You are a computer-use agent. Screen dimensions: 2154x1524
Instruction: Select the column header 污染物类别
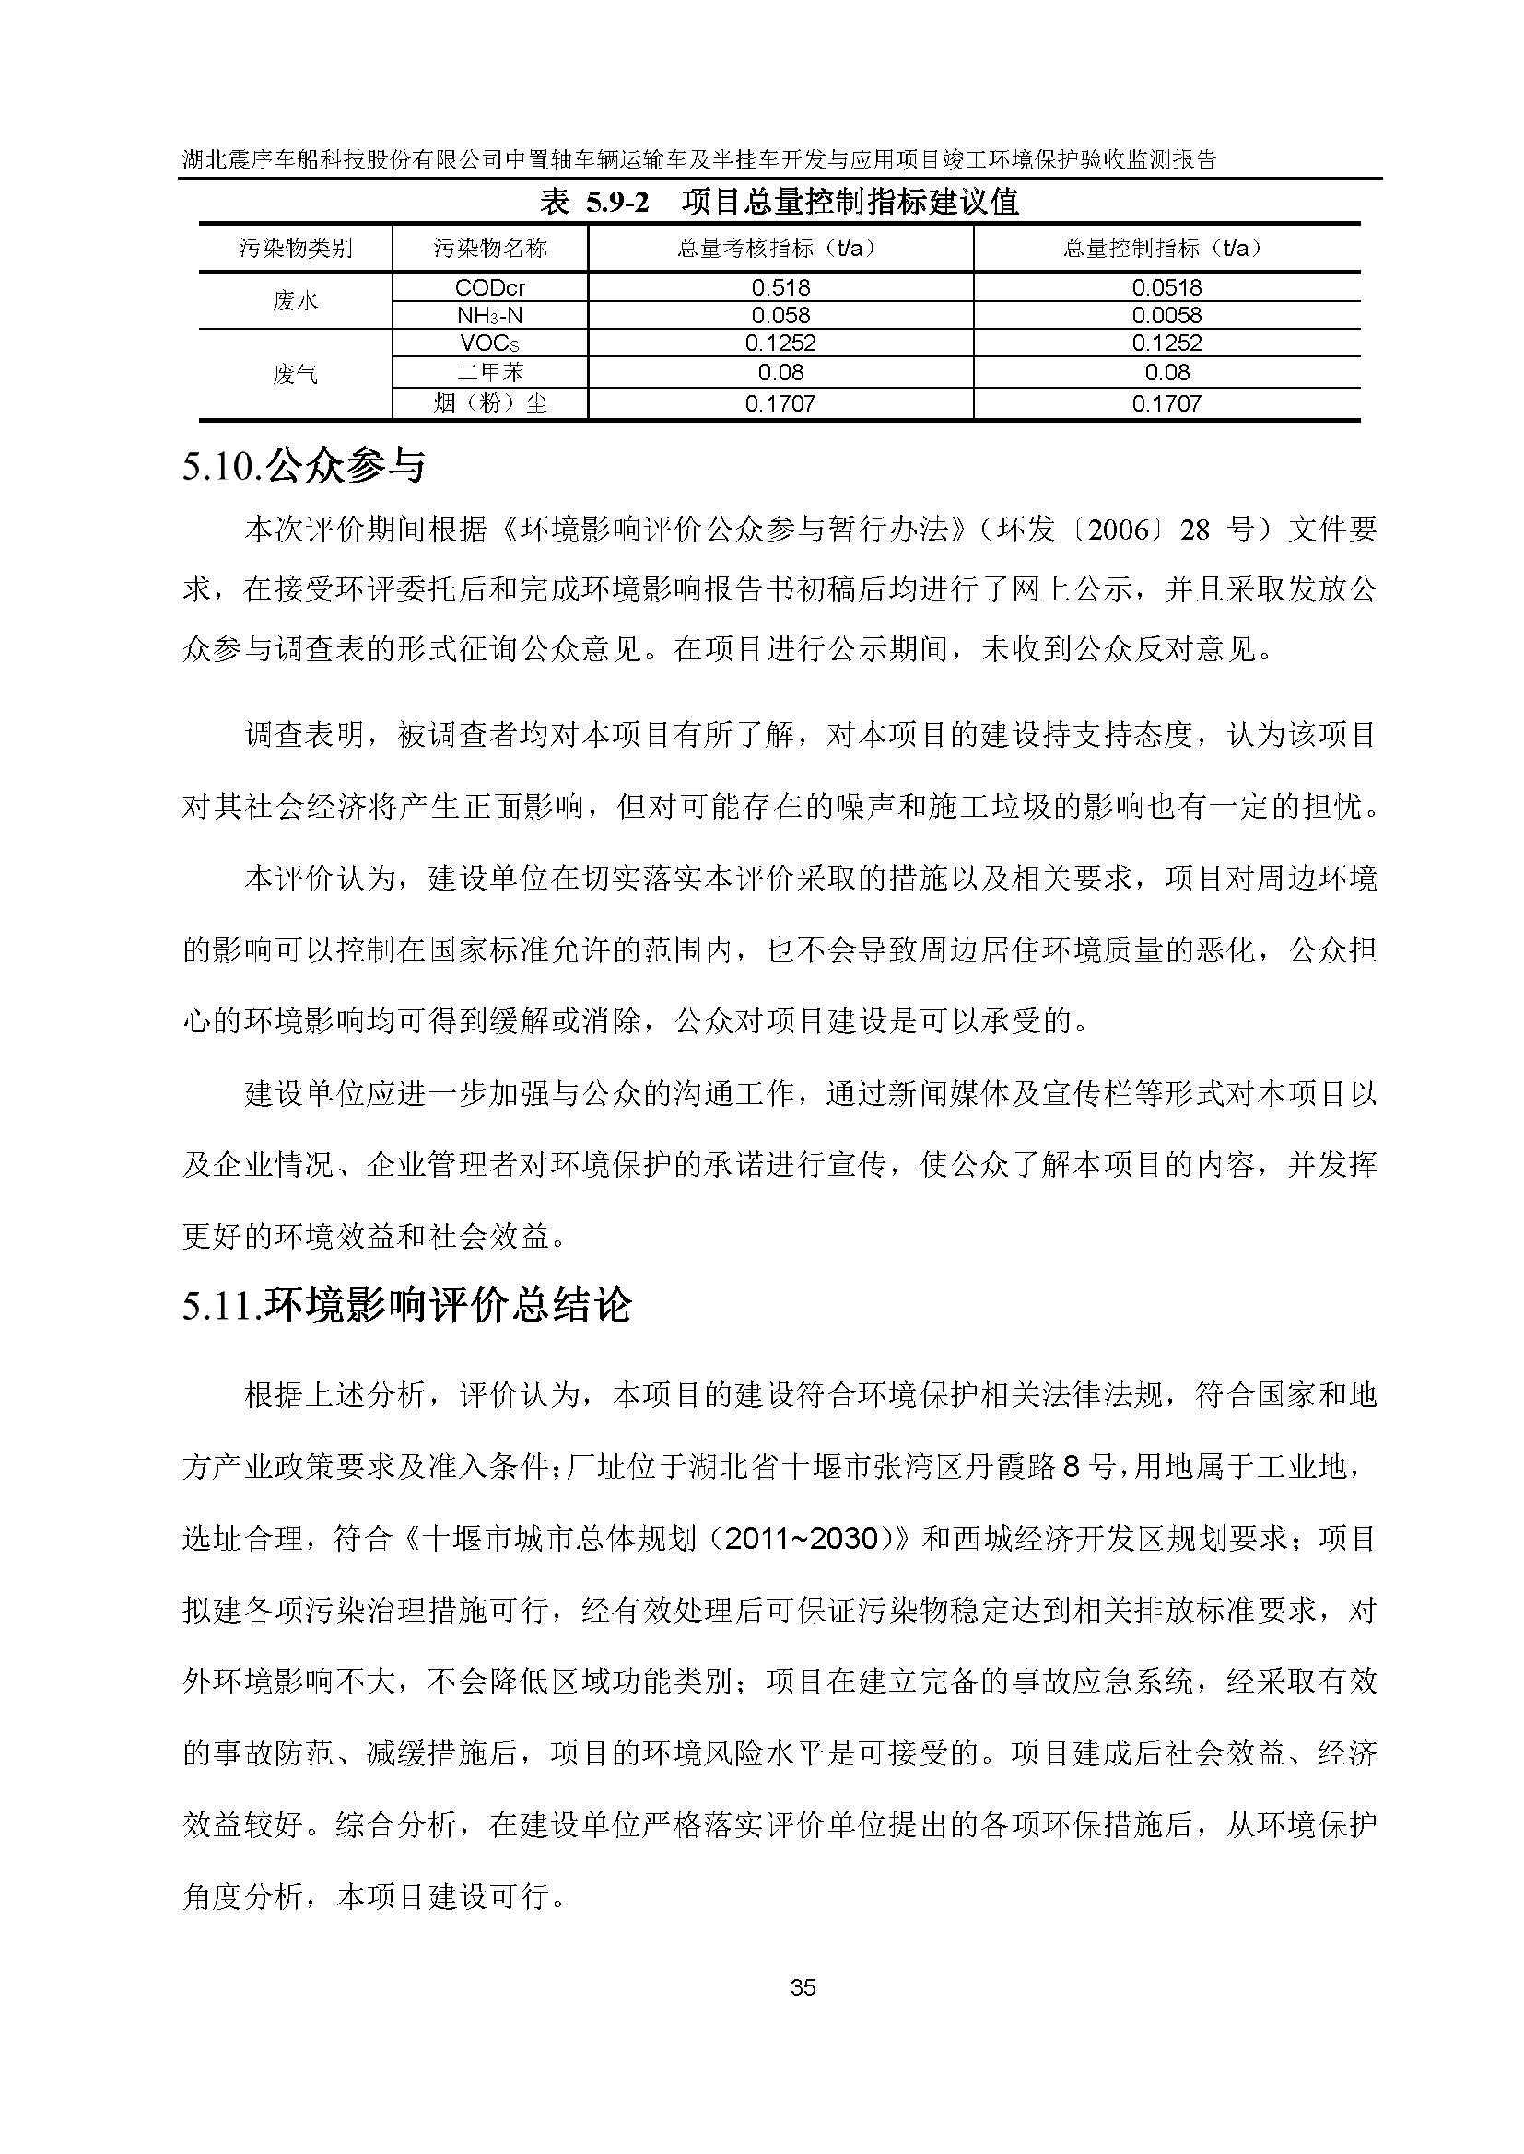(x=295, y=249)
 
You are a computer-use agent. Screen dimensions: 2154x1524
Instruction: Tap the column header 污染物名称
(x=490, y=249)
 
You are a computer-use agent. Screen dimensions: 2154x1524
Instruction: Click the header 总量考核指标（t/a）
(x=780, y=249)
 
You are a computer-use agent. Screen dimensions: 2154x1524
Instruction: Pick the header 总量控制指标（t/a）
(x=1166, y=249)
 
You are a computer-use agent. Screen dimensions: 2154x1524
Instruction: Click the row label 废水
(x=295, y=301)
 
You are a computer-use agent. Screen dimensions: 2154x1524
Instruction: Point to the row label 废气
(x=295, y=374)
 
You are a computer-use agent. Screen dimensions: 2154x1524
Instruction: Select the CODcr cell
(x=490, y=287)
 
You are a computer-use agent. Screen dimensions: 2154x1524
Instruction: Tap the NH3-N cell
(x=490, y=315)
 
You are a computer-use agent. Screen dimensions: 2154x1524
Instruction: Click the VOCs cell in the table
(x=490, y=343)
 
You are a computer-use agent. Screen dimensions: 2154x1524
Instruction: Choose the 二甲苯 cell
(x=490, y=372)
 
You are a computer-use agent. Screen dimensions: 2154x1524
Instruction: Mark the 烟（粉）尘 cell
(x=490, y=404)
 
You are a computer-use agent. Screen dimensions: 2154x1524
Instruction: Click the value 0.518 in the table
(x=780, y=287)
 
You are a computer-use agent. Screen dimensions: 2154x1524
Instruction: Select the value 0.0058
(x=1166, y=315)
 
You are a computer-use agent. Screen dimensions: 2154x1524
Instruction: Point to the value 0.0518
(x=1166, y=287)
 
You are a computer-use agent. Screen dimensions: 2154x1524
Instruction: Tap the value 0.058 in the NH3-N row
(x=780, y=315)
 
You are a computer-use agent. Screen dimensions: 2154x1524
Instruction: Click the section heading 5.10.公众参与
(x=304, y=466)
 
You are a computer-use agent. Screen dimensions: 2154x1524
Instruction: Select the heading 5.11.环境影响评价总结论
(x=407, y=1306)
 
